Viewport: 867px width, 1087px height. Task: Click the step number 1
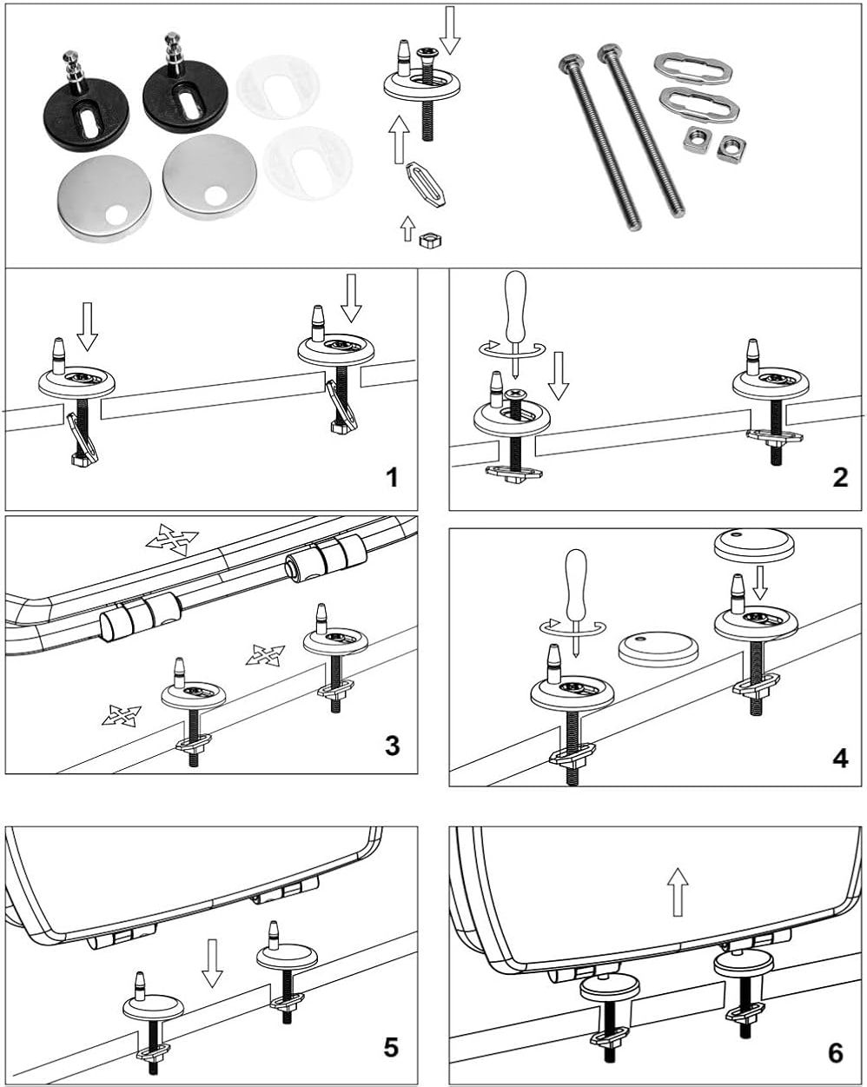coord(392,477)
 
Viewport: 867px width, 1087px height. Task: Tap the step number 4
coord(839,757)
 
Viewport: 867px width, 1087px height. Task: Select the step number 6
coord(836,1052)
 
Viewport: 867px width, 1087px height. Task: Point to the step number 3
coord(392,745)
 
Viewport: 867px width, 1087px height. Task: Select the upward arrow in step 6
coord(678,893)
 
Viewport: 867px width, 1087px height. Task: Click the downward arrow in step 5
coord(211,962)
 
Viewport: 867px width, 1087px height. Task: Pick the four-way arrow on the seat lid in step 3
coord(172,540)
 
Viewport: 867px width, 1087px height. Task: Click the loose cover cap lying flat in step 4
coord(658,648)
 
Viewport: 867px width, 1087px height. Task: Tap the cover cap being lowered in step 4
coord(753,546)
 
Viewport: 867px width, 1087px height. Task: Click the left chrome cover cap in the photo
coord(104,198)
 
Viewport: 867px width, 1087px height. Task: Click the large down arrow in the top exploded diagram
coord(450,30)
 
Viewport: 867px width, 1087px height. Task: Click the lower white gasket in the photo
coord(308,162)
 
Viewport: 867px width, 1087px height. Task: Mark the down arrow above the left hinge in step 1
coord(87,325)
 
